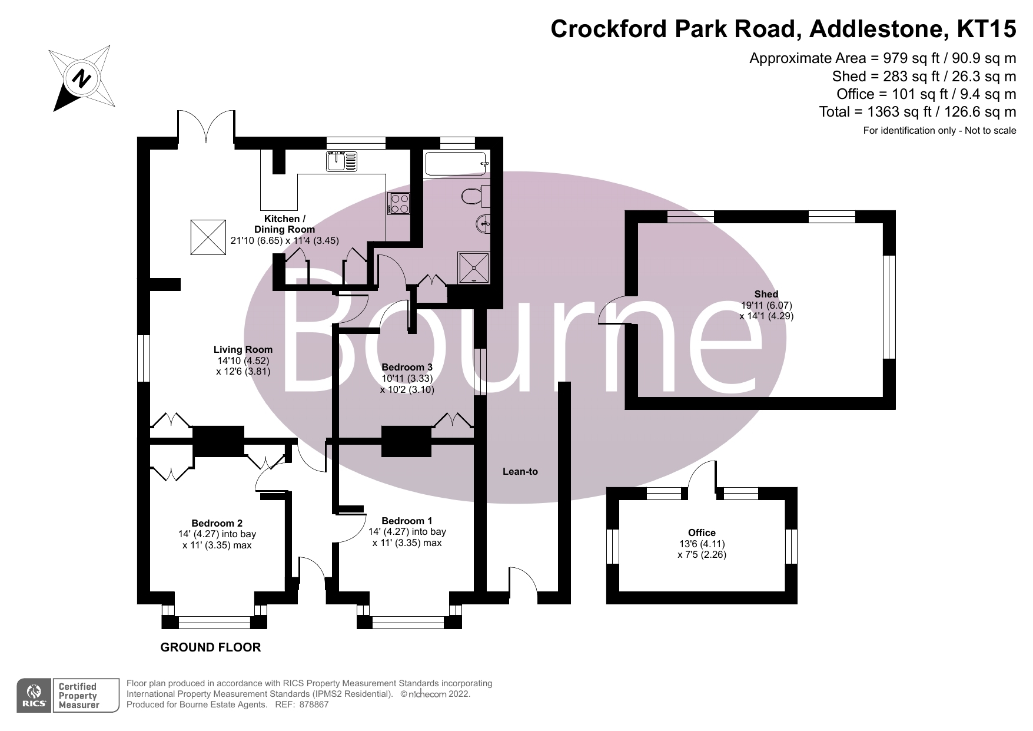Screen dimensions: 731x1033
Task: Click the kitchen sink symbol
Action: click(x=342, y=161)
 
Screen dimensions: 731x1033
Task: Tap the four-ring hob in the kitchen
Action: click(x=399, y=204)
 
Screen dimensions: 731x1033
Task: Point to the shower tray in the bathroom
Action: click(x=474, y=267)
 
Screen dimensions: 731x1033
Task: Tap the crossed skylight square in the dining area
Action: click(x=208, y=237)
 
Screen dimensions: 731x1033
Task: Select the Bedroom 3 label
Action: click(x=407, y=367)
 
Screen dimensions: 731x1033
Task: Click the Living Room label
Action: click(x=243, y=349)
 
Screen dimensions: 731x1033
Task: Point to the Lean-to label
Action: click(x=520, y=471)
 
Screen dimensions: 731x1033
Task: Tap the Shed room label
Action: click(x=766, y=294)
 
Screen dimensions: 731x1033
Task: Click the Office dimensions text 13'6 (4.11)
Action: click(x=702, y=544)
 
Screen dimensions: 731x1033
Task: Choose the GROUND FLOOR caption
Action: click(x=211, y=647)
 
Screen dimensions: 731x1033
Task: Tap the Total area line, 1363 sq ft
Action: click(x=917, y=111)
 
